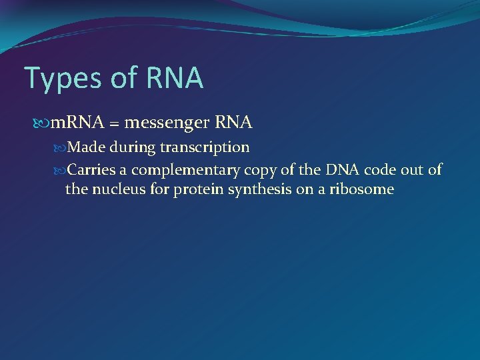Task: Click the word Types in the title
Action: (61, 79)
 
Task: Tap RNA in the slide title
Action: (171, 77)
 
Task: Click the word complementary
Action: (174, 170)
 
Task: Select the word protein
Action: (196, 190)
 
